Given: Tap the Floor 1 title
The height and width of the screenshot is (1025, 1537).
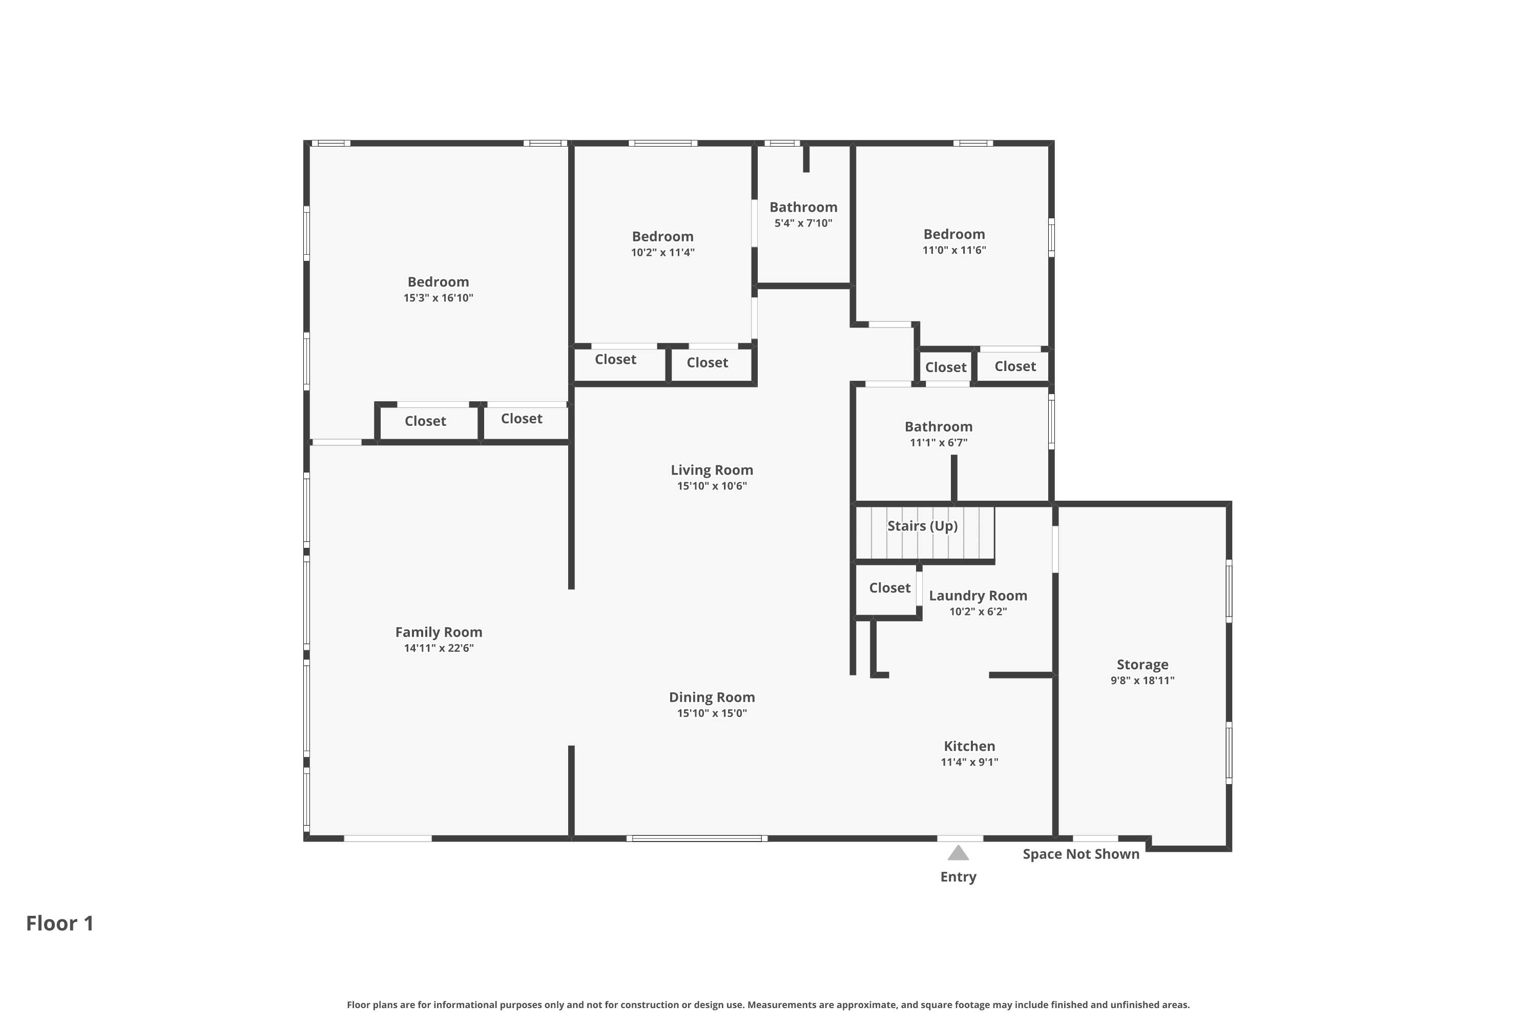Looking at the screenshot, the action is [x=60, y=923].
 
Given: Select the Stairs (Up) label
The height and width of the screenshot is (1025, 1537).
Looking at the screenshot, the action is [x=922, y=526].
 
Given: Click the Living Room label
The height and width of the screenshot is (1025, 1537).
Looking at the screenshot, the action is [x=712, y=470].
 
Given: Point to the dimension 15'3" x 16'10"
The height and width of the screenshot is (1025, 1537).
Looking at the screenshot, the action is [x=438, y=298].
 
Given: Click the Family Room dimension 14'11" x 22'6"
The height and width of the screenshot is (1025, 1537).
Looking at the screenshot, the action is [x=439, y=648].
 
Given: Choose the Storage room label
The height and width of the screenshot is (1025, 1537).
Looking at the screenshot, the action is [x=1143, y=665].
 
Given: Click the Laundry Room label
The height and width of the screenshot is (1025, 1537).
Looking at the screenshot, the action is [x=978, y=596].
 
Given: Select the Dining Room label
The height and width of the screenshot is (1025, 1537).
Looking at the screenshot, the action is [x=712, y=698].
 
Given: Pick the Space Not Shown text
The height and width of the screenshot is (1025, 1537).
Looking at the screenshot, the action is [x=1081, y=854].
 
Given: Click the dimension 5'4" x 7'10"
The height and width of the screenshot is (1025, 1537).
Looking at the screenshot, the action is [x=803, y=223].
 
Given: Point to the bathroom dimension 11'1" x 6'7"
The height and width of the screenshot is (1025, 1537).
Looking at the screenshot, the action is [x=939, y=443].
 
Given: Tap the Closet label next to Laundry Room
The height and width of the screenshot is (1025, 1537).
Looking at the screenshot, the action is [x=889, y=588].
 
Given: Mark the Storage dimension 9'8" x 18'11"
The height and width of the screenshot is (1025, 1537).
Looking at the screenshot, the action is [x=1143, y=681].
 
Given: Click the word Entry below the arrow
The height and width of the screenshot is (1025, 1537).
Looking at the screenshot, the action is [x=958, y=877].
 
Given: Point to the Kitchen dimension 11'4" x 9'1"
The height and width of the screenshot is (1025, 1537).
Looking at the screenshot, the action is [x=969, y=762].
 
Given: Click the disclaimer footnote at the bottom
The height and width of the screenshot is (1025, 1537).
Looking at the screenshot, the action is [x=768, y=1004].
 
